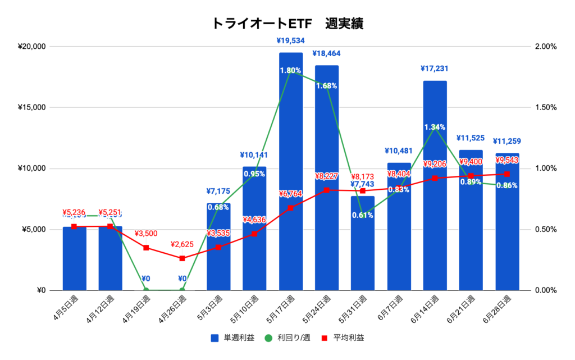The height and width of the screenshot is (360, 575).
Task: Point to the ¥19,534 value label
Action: pos(291,40)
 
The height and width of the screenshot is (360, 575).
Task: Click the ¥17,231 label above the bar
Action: pos(435,69)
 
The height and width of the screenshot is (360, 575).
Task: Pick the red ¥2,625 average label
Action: pos(182,245)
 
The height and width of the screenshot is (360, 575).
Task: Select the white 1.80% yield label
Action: pos(291,71)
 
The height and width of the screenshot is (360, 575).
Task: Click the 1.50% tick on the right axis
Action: pos(544,107)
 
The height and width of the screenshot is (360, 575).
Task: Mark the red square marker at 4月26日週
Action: pos(182,258)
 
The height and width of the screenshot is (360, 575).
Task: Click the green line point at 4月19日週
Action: pos(146,290)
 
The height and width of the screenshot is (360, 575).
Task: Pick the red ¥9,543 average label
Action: pos(507,161)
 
